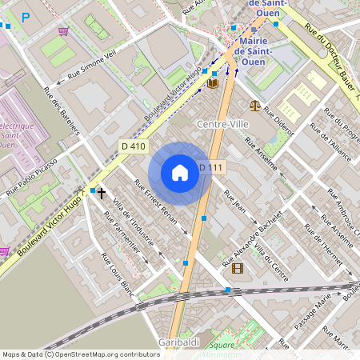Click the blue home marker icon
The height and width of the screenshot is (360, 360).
(180, 173)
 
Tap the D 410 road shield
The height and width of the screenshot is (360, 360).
(134, 146)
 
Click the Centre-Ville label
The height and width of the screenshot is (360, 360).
(223, 125)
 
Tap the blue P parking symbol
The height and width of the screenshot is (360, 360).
(26, 17)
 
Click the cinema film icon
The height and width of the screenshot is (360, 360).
(237, 268)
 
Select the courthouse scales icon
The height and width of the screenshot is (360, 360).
(254, 104)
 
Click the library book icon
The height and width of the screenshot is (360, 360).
(213, 83)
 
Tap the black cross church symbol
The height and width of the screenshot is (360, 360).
(102, 193)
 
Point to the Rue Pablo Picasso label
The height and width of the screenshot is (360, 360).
(32, 177)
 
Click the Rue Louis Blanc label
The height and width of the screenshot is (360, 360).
(117, 274)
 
